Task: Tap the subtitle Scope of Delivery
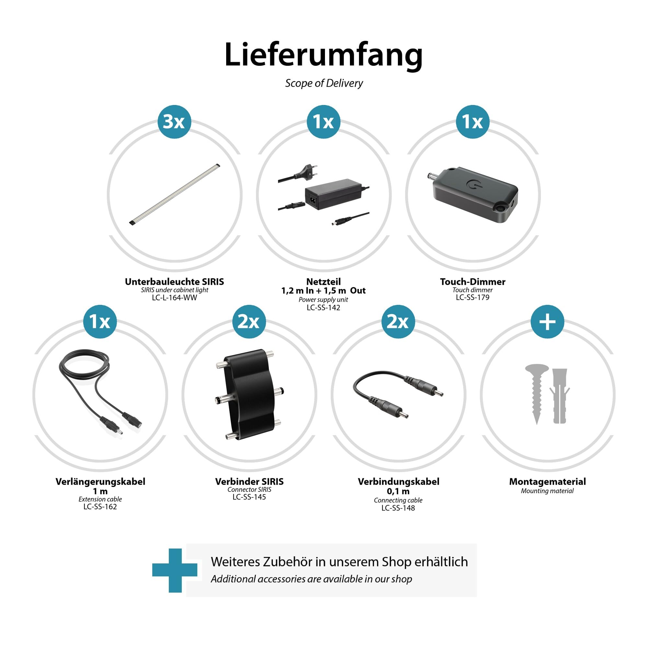tap(324, 83)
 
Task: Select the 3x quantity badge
tap(174, 122)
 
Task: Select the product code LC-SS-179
tap(473, 297)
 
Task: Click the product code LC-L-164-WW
tap(174, 298)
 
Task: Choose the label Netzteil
tap(323, 282)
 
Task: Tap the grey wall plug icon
tap(559, 396)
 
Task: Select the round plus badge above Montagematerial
tap(547, 322)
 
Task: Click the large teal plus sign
tap(175, 571)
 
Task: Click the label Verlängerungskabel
tap(100, 482)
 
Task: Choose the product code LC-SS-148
tap(398, 508)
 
